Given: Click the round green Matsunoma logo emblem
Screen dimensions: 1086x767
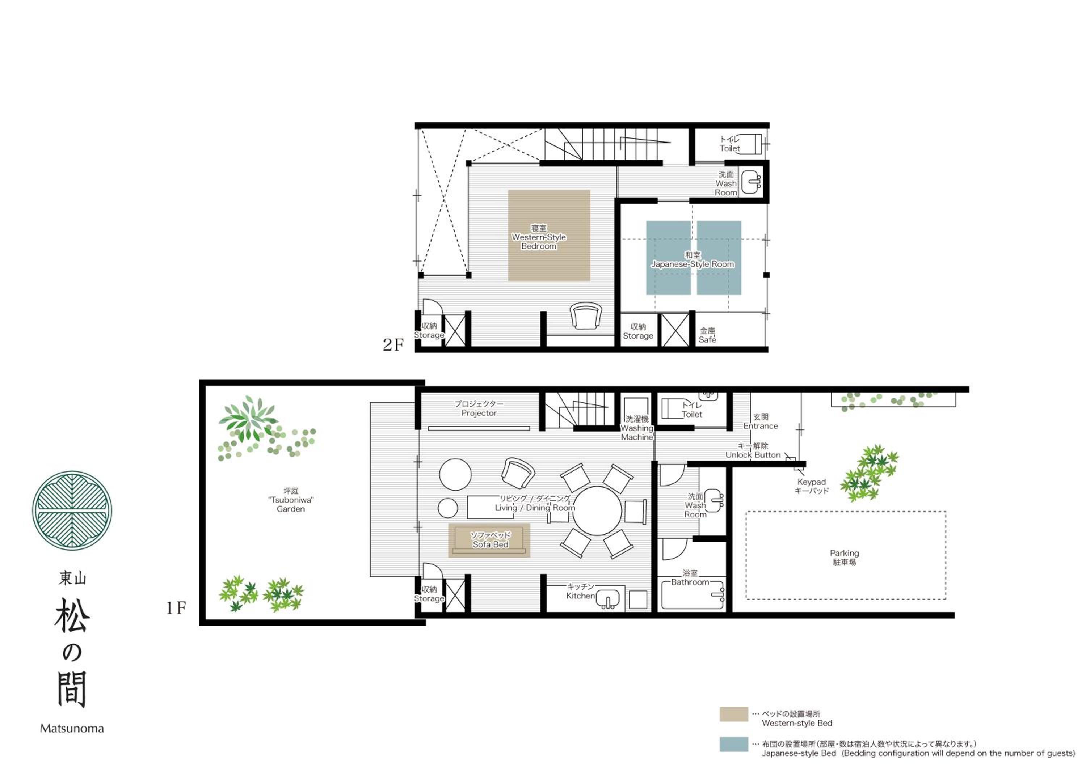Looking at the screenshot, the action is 72,510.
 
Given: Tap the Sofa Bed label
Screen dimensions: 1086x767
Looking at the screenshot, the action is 491,540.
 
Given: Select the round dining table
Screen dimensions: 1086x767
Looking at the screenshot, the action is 597,511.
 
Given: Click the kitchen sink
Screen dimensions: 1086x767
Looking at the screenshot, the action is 608,600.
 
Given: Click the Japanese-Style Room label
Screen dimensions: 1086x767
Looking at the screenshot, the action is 693,259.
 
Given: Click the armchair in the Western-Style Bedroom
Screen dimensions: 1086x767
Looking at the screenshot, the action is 586,315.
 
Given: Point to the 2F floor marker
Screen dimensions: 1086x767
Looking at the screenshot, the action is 393,345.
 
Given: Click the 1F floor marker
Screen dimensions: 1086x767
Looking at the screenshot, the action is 176,608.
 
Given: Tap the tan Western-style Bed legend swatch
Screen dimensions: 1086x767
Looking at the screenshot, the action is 734,714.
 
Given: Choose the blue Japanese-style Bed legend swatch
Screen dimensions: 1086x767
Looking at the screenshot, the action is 734,744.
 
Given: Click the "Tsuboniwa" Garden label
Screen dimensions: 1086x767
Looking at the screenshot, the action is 291,500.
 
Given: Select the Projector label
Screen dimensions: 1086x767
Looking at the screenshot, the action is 479,408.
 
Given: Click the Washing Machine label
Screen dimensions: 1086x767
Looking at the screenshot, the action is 637,428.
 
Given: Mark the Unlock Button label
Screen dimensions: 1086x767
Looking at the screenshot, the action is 753,450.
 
